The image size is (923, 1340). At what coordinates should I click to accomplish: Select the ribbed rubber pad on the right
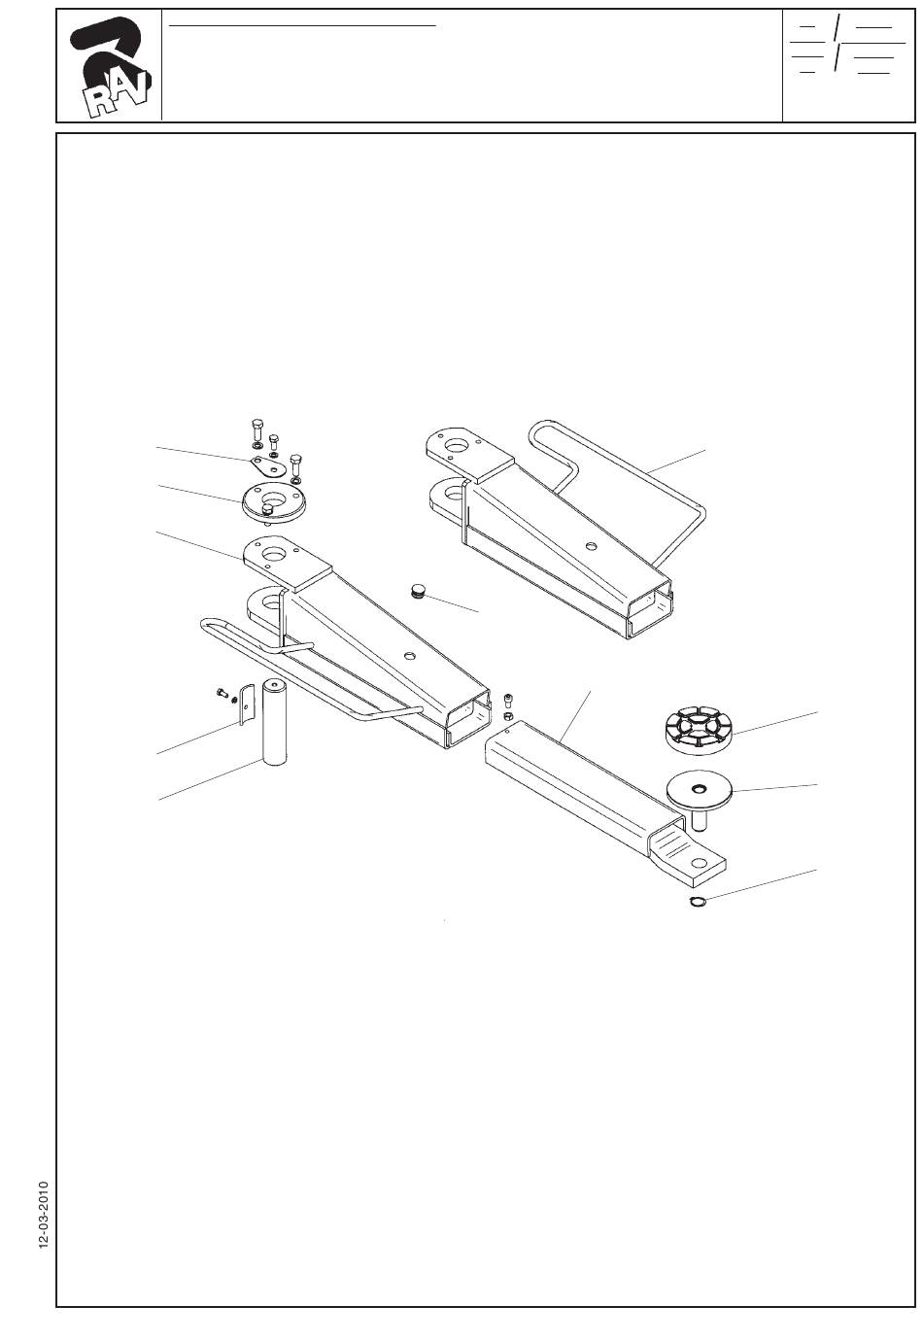click(x=697, y=730)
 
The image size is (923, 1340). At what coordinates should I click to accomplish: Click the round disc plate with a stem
click(x=698, y=790)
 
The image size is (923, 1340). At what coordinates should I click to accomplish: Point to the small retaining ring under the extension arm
click(x=697, y=905)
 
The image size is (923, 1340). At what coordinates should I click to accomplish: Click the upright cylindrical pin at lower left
click(x=279, y=724)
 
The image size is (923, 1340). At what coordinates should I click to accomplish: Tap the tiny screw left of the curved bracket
click(x=221, y=693)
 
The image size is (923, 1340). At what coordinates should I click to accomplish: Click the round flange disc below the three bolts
click(x=272, y=501)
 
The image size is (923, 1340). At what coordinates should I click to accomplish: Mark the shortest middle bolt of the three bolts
click(x=274, y=443)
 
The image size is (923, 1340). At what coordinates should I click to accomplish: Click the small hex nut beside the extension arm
click(x=509, y=716)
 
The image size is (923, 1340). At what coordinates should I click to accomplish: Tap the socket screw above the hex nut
click(x=510, y=700)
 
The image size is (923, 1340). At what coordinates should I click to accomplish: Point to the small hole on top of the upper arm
click(x=588, y=545)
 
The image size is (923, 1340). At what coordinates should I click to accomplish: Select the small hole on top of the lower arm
click(x=409, y=657)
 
